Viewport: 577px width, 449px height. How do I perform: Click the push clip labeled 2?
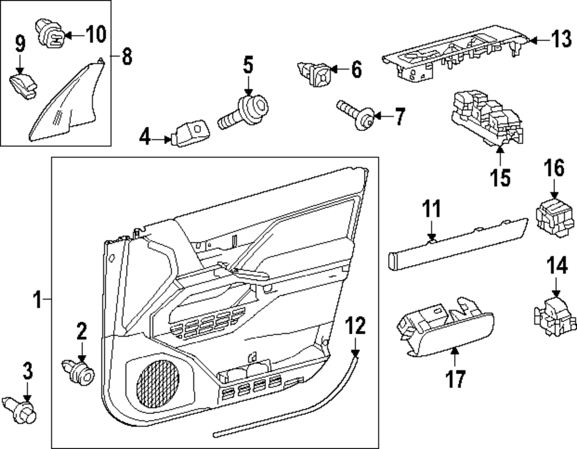point(79,371)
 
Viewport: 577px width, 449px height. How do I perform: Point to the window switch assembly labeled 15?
point(485,118)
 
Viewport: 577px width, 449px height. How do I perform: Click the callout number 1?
point(38,300)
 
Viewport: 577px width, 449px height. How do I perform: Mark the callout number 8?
point(126,56)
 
